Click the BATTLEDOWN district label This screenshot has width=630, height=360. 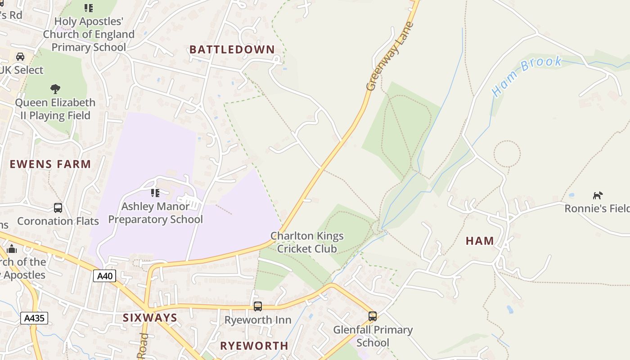pyautogui.click(x=232, y=49)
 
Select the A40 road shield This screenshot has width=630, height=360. pyautogui.click(x=105, y=275)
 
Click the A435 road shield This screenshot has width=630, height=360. pyautogui.click(x=34, y=318)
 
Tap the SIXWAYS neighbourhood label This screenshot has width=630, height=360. pyautogui.click(x=150, y=318)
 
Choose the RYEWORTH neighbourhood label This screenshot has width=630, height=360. pyautogui.click(x=254, y=346)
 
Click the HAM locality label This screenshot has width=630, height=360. pyautogui.click(x=480, y=241)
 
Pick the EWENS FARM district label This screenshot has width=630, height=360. pyautogui.click(x=50, y=164)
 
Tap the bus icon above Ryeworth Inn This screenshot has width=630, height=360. pyautogui.click(x=258, y=306)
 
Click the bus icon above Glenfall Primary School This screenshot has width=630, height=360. pyautogui.click(x=373, y=316)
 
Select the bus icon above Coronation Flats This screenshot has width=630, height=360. pyautogui.click(x=58, y=207)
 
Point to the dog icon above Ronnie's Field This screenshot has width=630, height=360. pyautogui.click(x=598, y=195)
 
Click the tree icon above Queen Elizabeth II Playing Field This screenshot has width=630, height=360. pyautogui.click(x=55, y=89)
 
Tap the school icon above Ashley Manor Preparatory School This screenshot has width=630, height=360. pyautogui.click(x=155, y=193)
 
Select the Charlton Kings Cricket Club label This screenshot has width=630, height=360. pyautogui.click(x=307, y=242)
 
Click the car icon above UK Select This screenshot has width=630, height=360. pyautogui.click(x=20, y=56)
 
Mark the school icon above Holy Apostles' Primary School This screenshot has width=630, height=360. pyautogui.click(x=89, y=8)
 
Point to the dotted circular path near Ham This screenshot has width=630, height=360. pyautogui.click(x=507, y=153)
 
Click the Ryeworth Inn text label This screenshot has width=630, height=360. pyautogui.click(x=258, y=320)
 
